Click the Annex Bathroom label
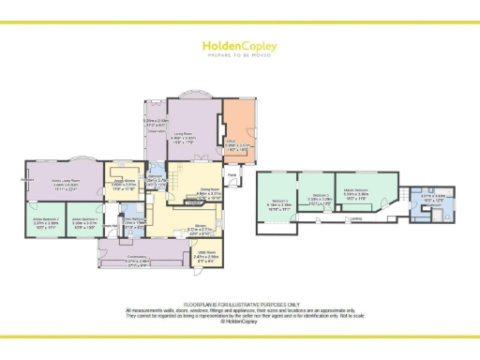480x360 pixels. [137, 219]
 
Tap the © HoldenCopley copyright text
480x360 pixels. [240, 322]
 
